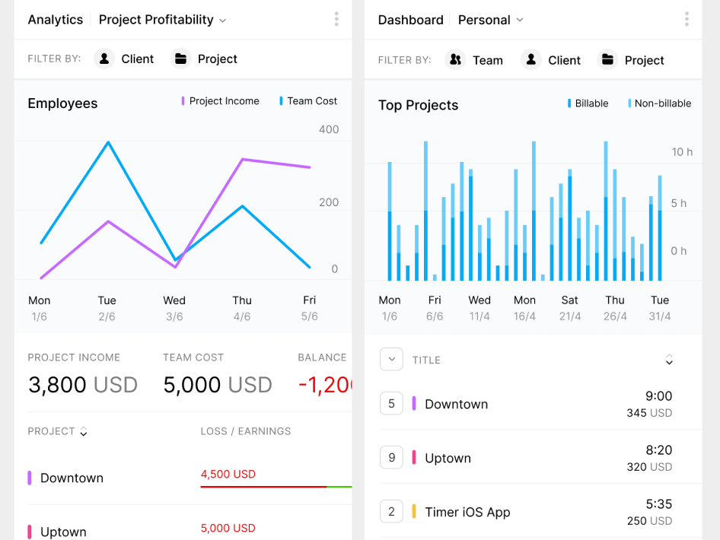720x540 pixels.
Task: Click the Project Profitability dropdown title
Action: pyautogui.click(x=162, y=20)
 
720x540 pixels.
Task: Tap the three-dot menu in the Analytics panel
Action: pyautogui.click(x=336, y=20)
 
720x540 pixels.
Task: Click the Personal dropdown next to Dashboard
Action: pyautogui.click(x=490, y=21)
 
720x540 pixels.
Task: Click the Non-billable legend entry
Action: pyautogui.click(x=659, y=103)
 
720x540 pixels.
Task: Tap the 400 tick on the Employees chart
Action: pyautogui.click(x=329, y=129)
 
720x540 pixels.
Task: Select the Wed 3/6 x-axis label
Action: pyautogui.click(x=174, y=308)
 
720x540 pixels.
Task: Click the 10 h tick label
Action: pyautogui.click(x=682, y=152)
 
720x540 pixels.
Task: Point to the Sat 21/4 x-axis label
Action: pyautogui.click(x=570, y=308)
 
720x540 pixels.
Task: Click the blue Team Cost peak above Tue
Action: pyautogui.click(x=108, y=142)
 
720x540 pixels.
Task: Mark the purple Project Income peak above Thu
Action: pyautogui.click(x=242, y=159)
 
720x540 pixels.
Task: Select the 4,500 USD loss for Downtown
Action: pyautogui.click(x=228, y=474)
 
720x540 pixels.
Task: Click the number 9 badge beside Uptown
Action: pyautogui.click(x=391, y=458)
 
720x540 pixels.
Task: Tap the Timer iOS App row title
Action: pyautogui.click(x=467, y=512)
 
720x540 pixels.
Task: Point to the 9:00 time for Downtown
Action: pyautogui.click(x=658, y=395)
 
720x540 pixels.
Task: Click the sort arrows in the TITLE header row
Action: pyautogui.click(x=669, y=360)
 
